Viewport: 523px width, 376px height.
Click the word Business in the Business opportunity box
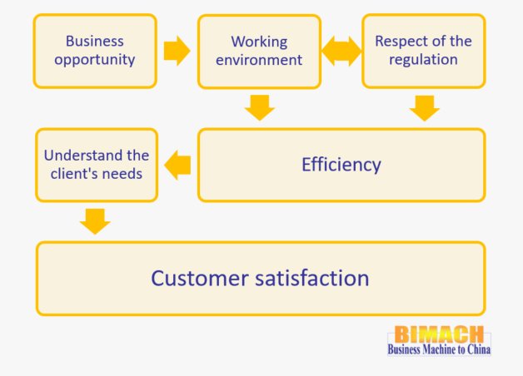pyautogui.click(x=95, y=42)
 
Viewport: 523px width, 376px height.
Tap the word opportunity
pyautogui.click(x=95, y=60)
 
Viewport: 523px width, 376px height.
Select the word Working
pyautogui.click(x=259, y=42)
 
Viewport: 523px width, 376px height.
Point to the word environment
pyautogui.click(x=259, y=60)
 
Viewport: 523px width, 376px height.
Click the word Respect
pyautogui.click(x=400, y=42)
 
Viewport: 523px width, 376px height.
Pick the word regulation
pyautogui.click(x=423, y=60)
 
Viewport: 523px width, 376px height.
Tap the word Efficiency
pyautogui.click(x=341, y=165)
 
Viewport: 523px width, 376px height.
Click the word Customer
pyautogui.click(x=200, y=279)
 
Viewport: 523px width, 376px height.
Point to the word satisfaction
pyautogui.click(x=312, y=279)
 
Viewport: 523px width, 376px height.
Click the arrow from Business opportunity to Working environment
pyautogui.click(x=177, y=51)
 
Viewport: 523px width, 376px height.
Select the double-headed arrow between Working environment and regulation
pyautogui.click(x=341, y=52)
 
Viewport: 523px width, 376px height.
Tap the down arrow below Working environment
pyautogui.click(x=260, y=108)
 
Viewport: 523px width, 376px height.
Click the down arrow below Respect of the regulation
pyautogui.click(x=425, y=108)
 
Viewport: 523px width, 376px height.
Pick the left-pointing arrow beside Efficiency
pyautogui.click(x=177, y=166)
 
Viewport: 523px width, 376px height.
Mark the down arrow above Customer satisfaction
pyautogui.click(x=95, y=222)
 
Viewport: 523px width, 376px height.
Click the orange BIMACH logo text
pyautogui.click(x=439, y=334)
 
